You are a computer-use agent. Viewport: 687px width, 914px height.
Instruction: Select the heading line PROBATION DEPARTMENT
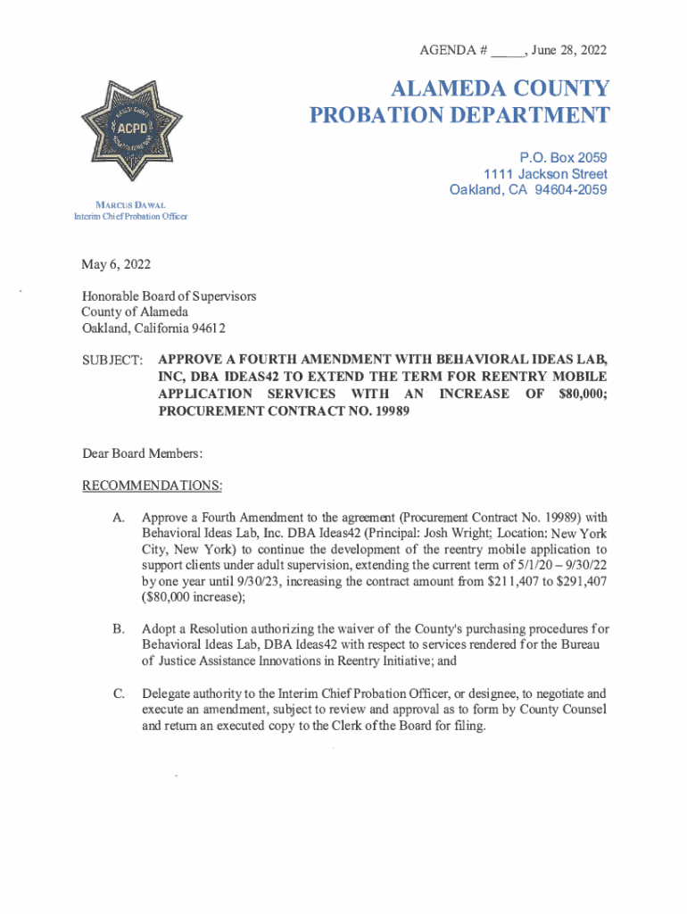[x=459, y=115]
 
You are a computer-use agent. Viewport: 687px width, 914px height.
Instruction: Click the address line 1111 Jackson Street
[x=545, y=174]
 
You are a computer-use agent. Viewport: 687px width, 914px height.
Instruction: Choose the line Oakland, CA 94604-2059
[x=529, y=190]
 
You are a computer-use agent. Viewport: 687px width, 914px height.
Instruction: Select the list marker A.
[x=119, y=518]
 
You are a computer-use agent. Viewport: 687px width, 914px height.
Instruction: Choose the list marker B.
[x=119, y=630]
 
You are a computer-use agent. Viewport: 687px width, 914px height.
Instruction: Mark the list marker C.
[x=119, y=694]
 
